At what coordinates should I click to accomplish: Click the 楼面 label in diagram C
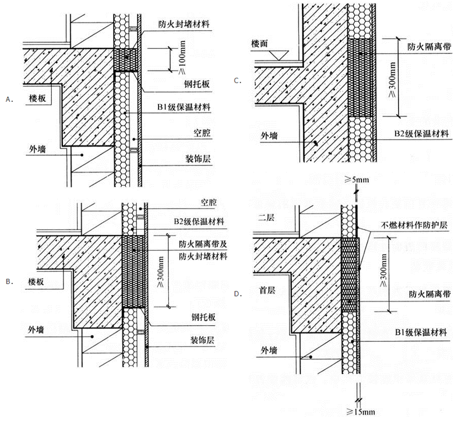point(264,43)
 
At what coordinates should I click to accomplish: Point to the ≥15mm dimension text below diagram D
point(358,413)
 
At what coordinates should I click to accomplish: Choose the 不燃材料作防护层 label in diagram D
point(413,225)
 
